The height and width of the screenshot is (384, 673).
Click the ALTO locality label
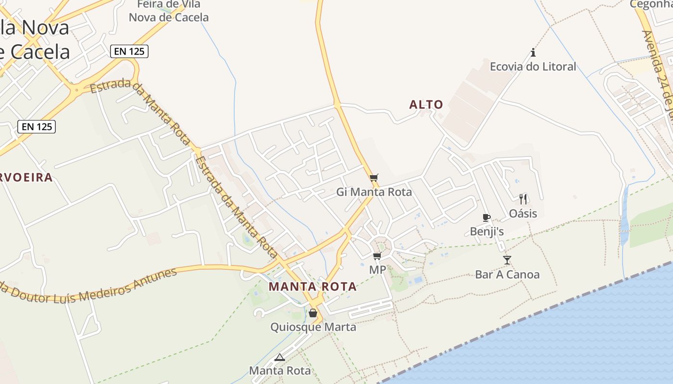426,104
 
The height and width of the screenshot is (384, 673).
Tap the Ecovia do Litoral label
533,67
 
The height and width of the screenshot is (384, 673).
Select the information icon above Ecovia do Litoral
533,52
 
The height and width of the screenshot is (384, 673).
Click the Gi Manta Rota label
374,192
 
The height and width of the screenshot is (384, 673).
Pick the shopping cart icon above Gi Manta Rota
374,178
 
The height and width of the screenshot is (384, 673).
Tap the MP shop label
377,270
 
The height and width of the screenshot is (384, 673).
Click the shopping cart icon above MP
377,256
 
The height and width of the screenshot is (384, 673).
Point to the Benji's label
486,231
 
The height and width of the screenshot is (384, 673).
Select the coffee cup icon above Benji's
486,217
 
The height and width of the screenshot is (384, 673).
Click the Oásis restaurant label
523,213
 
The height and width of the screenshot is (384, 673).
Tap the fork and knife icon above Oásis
523,199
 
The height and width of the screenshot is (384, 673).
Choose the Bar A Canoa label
507,275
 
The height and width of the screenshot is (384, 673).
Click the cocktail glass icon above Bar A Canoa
507,260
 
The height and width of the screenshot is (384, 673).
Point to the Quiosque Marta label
313,327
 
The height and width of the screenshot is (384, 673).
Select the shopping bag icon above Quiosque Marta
313,313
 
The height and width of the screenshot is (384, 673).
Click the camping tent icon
280,357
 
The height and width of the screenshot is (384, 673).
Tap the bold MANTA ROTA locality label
312,287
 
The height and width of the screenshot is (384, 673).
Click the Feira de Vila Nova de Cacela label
169,11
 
